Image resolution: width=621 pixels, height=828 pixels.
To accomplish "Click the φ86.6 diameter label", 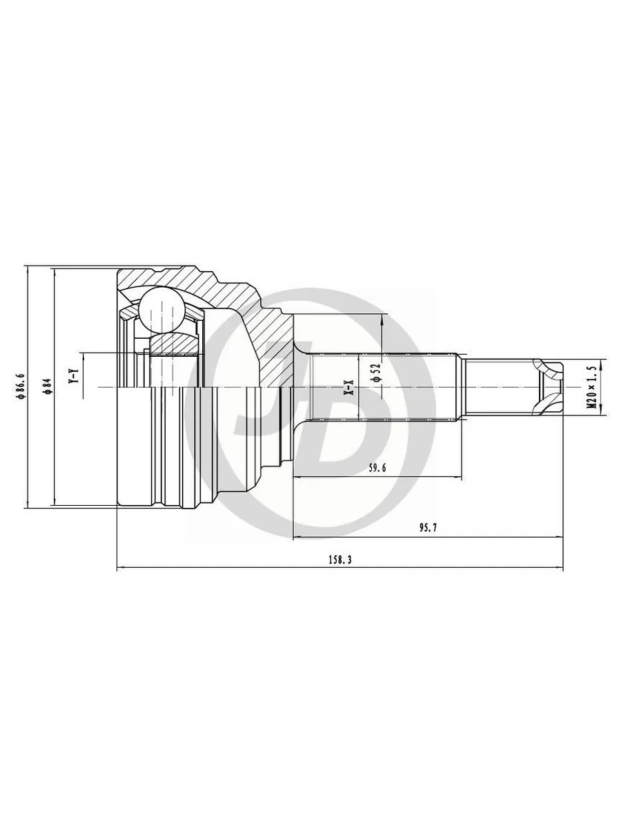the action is [21, 386].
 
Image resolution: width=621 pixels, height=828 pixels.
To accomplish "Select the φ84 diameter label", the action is [47, 386].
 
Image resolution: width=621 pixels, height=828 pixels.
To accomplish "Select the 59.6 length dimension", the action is [376, 468].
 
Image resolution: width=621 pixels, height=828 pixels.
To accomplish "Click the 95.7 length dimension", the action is [428, 527].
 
